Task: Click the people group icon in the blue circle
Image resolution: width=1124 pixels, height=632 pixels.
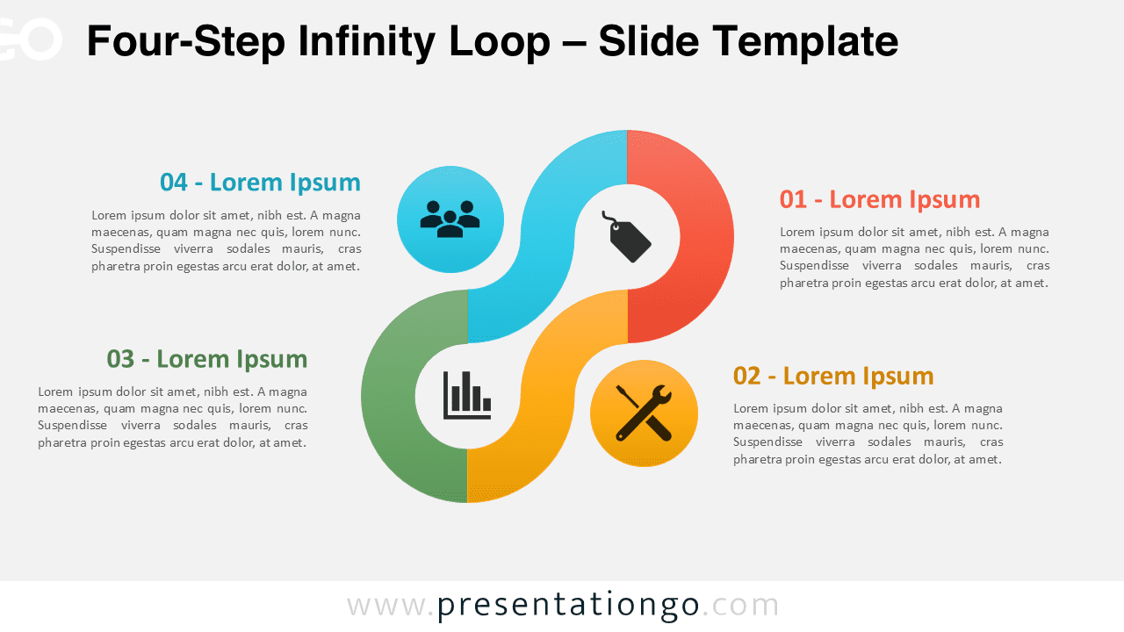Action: pos(450,219)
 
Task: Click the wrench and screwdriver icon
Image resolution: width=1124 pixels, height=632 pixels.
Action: pos(644,413)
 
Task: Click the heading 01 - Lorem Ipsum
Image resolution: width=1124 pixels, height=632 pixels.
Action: pos(879,199)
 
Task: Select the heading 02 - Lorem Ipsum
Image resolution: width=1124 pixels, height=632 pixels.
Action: pos(832,376)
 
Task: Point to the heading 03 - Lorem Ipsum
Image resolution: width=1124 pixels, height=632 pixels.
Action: pos(207,359)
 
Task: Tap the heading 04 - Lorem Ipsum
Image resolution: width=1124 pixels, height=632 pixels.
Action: pos(260,182)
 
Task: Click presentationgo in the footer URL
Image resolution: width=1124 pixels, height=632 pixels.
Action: pos(568,605)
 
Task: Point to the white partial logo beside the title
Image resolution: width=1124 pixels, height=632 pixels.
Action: pos(31,39)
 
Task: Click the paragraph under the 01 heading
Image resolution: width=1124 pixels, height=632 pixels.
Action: pos(914,257)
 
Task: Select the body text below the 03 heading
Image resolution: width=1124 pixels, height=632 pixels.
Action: pos(172,417)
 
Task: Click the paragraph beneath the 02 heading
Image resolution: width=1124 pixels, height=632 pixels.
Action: pos(868,434)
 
